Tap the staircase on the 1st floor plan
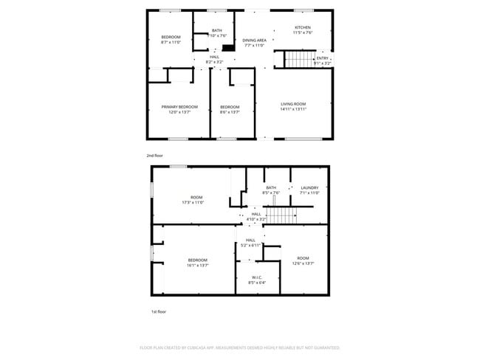point(280,215)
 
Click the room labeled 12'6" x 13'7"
point(303,260)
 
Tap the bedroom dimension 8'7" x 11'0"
point(171,40)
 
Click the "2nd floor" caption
point(154,156)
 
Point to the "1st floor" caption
point(159,312)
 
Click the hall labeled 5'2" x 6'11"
point(250,243)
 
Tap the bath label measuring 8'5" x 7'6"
point(271,190)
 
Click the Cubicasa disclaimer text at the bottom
point(239,347)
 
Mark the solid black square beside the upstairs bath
point(229,48)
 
